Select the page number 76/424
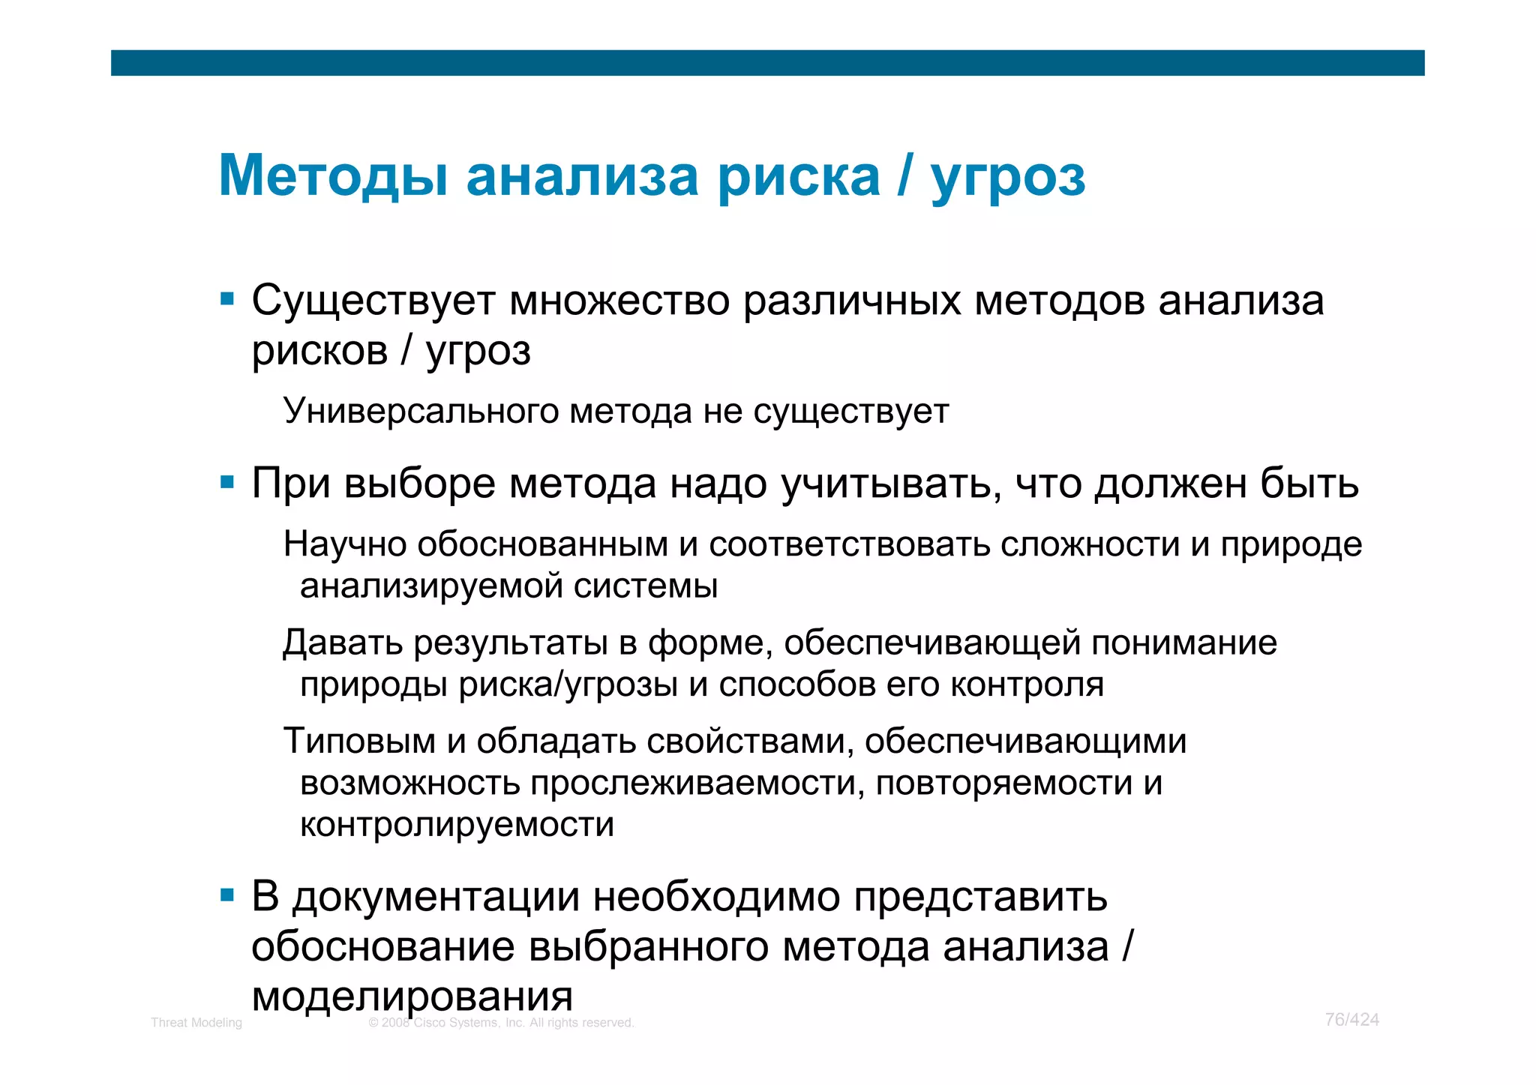[1351, 1019]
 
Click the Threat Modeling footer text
[196, 1022]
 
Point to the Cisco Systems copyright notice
[501, 1022]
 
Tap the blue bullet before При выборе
[227, 482]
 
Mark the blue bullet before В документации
[227, 895]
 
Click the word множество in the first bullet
[619, 301]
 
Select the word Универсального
[420, 411]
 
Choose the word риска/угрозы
[568, 685]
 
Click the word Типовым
[359, 742]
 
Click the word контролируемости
[457, 825]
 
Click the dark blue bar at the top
[767, 63]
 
